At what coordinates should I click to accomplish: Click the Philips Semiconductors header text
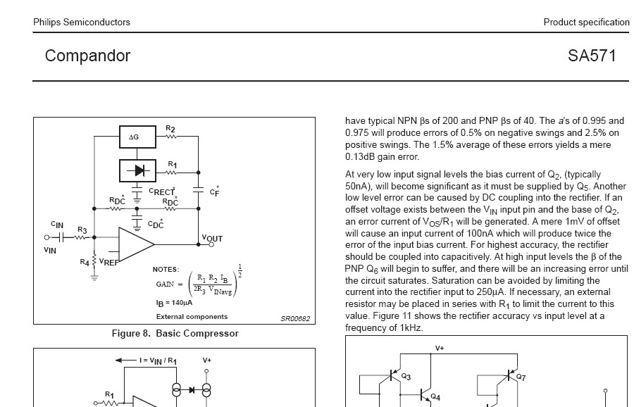coord(82,22)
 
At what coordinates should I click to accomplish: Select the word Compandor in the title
coord(87,56)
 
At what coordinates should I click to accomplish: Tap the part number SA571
coord(592,56)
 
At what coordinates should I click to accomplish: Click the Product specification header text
coord(586,22)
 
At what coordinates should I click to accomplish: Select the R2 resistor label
coord(170,129)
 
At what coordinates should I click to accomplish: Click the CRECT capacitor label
coord(162,191)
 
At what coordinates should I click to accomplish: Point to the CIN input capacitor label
coord(57,225)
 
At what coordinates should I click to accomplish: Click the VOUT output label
coord(211,239)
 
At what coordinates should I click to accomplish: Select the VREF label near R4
coord(109,261)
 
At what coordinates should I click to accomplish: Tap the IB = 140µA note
coord(173,303)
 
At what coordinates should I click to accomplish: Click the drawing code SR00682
coord(294,318)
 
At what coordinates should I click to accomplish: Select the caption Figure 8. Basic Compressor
coord(175,334)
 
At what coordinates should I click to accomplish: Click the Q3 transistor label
coord(406,377)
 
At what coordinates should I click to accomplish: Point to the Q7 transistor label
coord(521,377)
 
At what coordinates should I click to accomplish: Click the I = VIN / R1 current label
coord(158,361)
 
